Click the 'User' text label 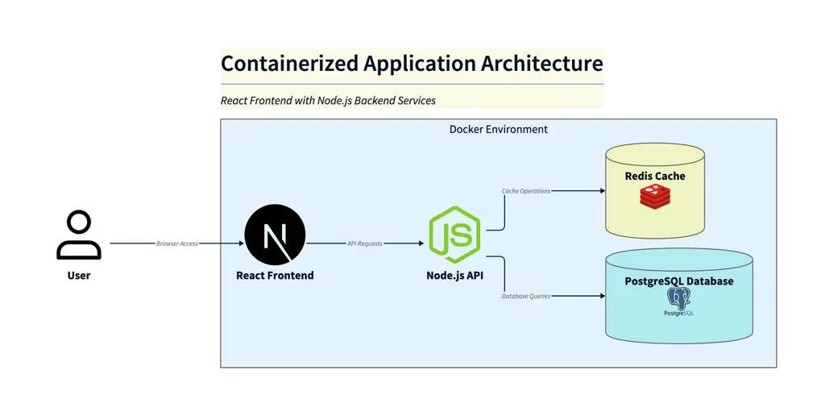pos(79,276)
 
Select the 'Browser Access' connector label pos(177,243)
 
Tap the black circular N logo pos(275,235)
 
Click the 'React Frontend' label pos(275,276)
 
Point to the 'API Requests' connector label pos(365,243)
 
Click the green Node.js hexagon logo pos(454,235)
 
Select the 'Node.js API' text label pos(454,276)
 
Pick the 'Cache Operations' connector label pos(526,191)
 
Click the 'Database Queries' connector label pos(526,296)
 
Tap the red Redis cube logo pos(655,197)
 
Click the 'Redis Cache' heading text pos(655,176)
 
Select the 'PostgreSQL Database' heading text pos(679,281)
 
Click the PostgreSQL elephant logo pos(679,300)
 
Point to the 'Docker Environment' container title pos(498,129)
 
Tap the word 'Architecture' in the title pos(541,64)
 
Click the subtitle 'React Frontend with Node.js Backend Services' pos(328,101)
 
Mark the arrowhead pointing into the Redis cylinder pos(601,191)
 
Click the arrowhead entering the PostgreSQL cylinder pos(601,296)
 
